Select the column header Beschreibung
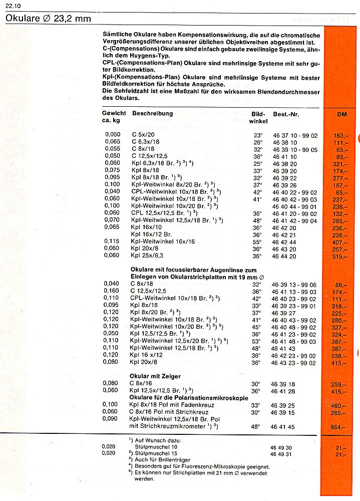pyautogui.click(x=152, y=114)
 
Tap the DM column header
pyautogui.click(x=342, y=115)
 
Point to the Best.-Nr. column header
pyautogui.click(x=286, y=115)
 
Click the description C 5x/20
pyautogui.click(x=143, y=135)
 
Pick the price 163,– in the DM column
pyautogui.click(x=340, y=136)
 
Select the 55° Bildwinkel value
pyautogui.click(x=257, y=242)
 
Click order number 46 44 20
pyautogui.click(x=284, y=256)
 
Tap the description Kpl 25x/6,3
pyautogui.click(x=147, y=256)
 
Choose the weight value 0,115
pyautogui.click(x=113, y=242)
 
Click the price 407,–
pyautogui.click(x=340, y=242)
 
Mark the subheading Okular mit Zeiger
pyautogui.click(x=155, y=376)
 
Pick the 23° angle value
pyautogui.click(x=257, y=135)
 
